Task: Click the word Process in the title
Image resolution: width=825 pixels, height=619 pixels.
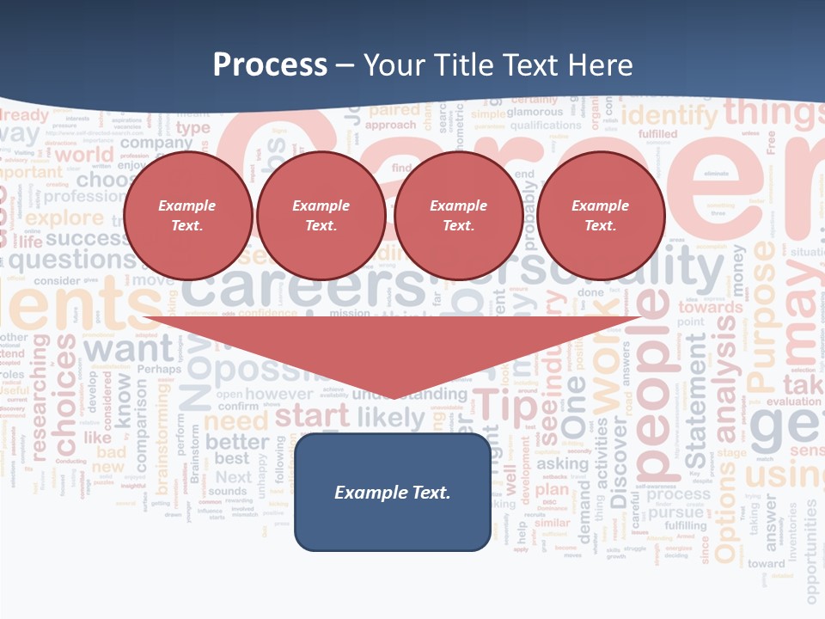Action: pyautogui.click(x=270, y=64)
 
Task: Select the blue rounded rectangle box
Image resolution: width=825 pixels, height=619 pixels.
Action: pyautogui.click(x=393, y=492)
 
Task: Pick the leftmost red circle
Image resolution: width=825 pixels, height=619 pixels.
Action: pyautogui.click(x=187, y=215)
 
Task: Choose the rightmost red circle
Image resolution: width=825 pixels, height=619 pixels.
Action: pyautogui.click(x=601, y=215)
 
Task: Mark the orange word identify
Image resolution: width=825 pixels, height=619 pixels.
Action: pyautogui.click(x=669, y=114)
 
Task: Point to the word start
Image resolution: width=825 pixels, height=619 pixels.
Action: pyautogui.click(x=312, y=415)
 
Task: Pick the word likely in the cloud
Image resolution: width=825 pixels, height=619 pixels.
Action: pyautogui.click(x=391, y=419)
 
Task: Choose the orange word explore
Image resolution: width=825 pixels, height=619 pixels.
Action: pyautogui.click(x=64, y=218)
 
